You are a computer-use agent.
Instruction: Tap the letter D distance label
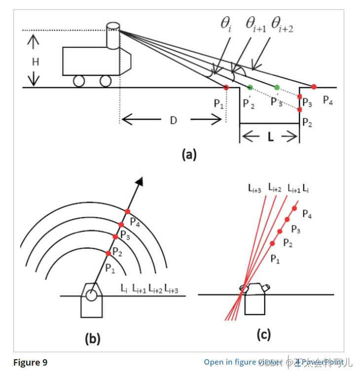point(173,120)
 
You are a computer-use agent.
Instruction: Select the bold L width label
point(270,137)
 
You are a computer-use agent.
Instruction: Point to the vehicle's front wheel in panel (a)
point(105,81)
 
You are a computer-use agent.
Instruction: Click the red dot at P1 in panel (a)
point(226,87)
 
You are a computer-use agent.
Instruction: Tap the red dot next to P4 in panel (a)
point(314,87)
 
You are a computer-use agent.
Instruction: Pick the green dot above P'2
point(250,88)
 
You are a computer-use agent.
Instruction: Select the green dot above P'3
point(277,88)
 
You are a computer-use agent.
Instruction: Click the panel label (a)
point(189,155)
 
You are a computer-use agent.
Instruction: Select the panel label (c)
point(264,336)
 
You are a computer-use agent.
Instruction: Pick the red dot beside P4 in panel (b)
point(128,211)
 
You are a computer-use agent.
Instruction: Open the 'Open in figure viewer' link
point(237,362)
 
